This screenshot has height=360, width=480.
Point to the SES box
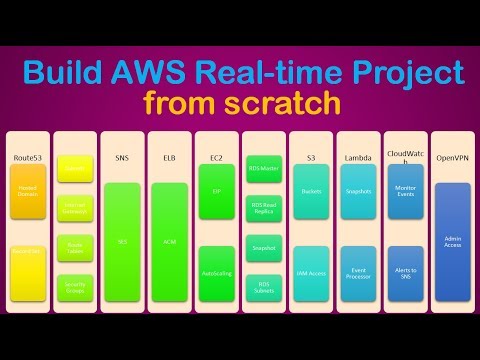(123, 240)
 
